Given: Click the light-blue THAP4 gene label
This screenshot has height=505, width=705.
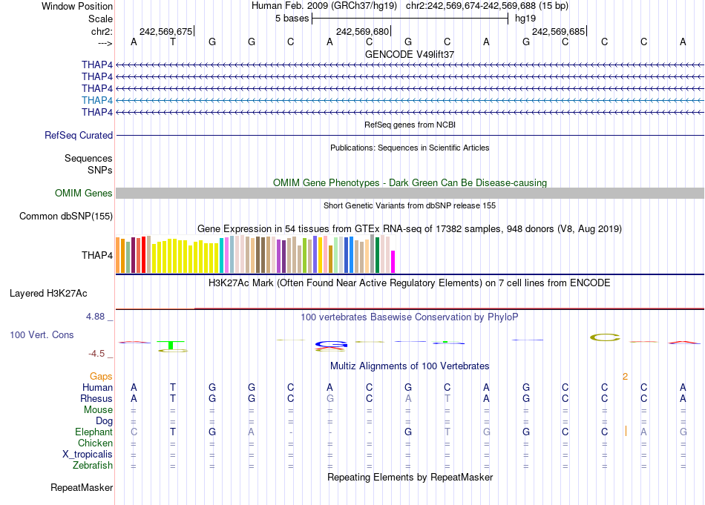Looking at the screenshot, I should pyautogui.click(x=97, y=100).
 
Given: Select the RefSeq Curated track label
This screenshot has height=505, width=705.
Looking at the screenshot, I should pyautogui.click(x=79, y=136).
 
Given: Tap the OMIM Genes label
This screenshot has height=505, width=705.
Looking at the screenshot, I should pyautogui.click(x=84, y=194).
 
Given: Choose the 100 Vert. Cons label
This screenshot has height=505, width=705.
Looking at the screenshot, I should pyautogui.click(x=42, y=335).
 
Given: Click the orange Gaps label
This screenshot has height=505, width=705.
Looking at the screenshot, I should pyautogui.click(x=102, y=377).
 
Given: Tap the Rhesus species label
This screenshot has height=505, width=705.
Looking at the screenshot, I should pyautogui.click(x=96, y=398).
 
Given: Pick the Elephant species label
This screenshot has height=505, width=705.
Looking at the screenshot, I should pyautogui.click(x=94, y=432).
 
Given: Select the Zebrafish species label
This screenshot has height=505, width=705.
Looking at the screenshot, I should pyautogui.click(x=93, y=466).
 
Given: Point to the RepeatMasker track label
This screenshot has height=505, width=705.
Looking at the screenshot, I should pyautogui.click(x=82, y=488).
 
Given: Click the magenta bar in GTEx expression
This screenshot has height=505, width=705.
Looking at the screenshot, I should pyautogui.click(x=393, y=262).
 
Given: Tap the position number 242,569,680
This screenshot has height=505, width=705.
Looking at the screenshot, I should pyautogui.click(x=362, y=32).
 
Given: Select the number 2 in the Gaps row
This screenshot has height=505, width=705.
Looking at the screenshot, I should pyautogui.click(x=625, y=377).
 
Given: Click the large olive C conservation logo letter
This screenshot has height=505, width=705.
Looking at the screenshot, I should pyautogui.click(x=605, y=337).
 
